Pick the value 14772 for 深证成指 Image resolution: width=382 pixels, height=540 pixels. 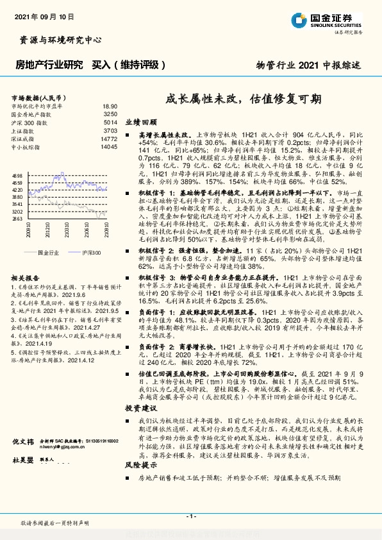pos(109,139)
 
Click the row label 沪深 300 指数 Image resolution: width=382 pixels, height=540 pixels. pos(30,122)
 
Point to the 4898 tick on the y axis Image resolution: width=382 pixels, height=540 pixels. pos(17,175)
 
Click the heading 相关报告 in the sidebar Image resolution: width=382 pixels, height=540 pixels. pos(26,277)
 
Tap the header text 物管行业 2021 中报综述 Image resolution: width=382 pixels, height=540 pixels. pos(309,65)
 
